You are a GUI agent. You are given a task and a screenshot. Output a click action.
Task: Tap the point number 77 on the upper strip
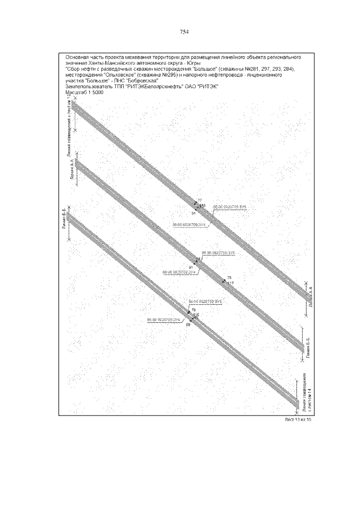click(199, 200)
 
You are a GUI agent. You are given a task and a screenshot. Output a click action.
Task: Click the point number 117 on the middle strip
click(231, 283)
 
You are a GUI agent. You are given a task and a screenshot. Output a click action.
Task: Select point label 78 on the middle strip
click(229, 278)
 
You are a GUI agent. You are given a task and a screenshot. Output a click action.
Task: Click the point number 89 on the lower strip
click(188, 325)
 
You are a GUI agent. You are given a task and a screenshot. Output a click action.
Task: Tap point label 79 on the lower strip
click(193, 310)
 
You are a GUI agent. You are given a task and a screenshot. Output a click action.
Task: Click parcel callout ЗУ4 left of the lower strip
click(163, 319)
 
